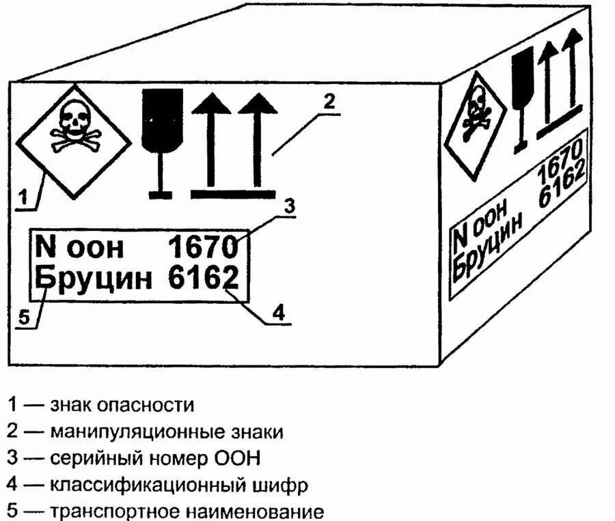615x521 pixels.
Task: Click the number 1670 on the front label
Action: click(203, 247)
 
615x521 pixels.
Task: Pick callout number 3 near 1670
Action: click(290, 206)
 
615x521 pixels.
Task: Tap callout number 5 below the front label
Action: click(24, 318)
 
